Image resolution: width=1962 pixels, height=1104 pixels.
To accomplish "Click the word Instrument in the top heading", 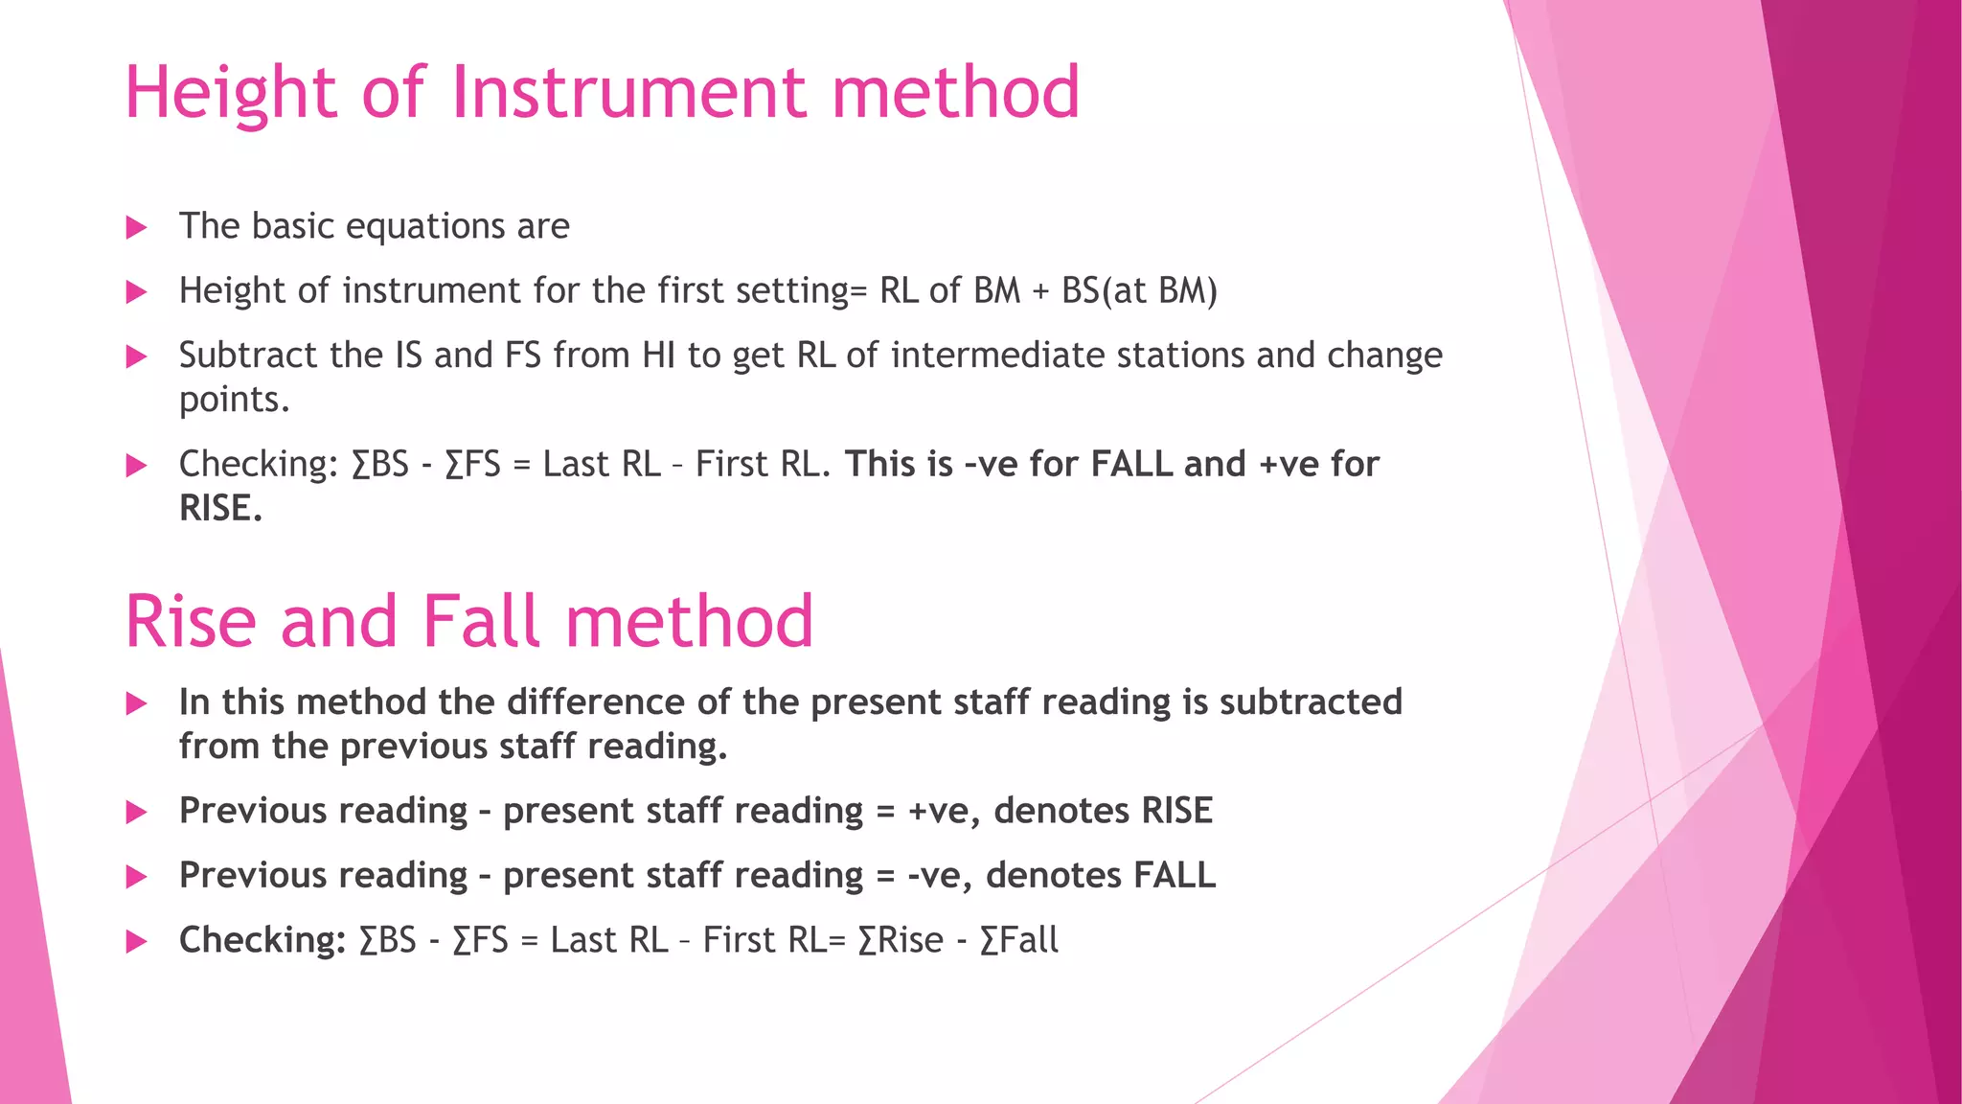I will [x=628, y=93].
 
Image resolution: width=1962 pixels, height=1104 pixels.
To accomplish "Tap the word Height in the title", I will [x=230, y=93].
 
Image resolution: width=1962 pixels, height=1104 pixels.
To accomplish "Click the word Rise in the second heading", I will [x=191, y=622].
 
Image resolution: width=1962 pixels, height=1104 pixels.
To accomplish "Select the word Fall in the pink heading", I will [x=481, y=622].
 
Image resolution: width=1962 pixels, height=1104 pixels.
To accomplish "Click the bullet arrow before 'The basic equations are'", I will [x=137, y=228].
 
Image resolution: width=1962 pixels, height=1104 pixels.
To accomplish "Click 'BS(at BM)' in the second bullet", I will [x=1139, y=291].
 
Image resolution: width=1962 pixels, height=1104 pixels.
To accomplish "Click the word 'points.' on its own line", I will [x=235, y=400].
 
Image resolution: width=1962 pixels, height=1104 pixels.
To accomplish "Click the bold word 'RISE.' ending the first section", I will [x=220, y=509].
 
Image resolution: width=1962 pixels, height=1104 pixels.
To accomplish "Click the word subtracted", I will [x=1311, y=702].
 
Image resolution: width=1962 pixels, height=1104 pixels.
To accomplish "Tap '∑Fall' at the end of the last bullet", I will [x=1019, y=941].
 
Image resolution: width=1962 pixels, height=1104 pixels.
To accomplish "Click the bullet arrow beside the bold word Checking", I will [x=137, y=942].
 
